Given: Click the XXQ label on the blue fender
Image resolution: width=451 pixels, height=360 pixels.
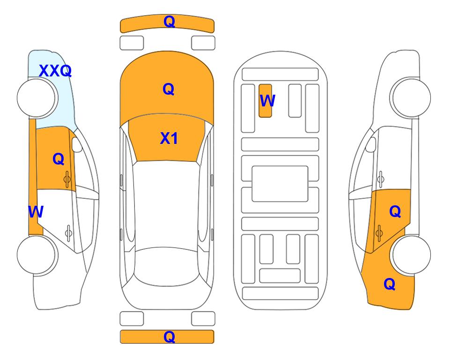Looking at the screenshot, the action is (x=55, y=71).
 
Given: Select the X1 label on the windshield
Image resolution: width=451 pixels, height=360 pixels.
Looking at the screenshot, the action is (x=169, y=138).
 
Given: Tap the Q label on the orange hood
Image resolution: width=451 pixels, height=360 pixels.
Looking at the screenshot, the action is (x=169, y=89).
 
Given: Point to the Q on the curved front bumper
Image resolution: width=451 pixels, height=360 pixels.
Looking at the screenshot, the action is (x=169, y=22).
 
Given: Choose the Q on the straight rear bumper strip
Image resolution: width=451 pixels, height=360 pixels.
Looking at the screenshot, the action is (x=169, y=337).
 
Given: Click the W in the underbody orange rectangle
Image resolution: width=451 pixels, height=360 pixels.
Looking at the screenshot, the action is (x=267, y=101).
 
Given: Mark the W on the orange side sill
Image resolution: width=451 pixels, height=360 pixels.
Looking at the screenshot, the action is (x=36, y=212).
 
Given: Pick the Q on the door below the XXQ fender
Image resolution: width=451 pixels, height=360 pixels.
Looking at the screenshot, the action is (x=59, y=159).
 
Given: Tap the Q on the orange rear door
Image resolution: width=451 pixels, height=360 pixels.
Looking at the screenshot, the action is (x=395, y=212).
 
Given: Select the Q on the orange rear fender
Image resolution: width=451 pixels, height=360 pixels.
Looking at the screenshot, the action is (x=390, y=284).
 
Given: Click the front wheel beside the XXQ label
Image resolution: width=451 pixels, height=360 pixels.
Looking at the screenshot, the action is (x=37, y=98).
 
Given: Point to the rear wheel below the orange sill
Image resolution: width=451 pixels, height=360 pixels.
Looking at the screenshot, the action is (x=37, y=255).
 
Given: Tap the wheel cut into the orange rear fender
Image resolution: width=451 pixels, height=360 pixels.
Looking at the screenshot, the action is (x=411, y=255).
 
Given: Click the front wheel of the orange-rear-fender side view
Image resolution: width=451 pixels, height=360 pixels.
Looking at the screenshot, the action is (x=411, y=98).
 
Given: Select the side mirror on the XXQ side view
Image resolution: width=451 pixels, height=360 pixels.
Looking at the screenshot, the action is (x=77, y=144).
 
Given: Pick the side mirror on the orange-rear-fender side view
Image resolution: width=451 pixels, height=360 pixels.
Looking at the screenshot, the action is (x=371, y=144).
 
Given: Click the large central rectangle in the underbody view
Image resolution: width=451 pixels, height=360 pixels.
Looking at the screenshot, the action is (x=280, y=184).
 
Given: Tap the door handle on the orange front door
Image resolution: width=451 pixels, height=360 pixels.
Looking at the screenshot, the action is (x=67, y=180).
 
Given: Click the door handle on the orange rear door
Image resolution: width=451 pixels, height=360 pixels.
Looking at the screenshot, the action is (x=379, y=233).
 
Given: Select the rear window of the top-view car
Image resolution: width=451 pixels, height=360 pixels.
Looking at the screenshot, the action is (x=167, y=266).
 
